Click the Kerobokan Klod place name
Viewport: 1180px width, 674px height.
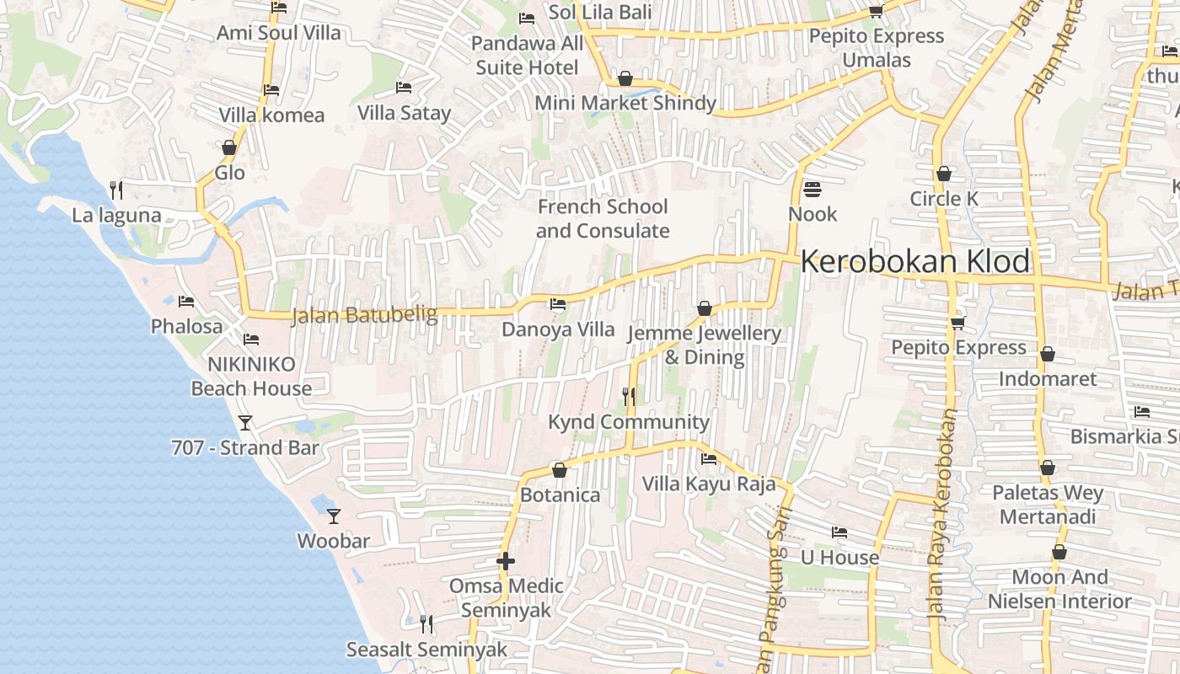(914, 262)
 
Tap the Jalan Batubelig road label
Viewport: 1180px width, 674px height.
(364, 316)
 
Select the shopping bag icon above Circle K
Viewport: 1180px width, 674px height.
(944, 174)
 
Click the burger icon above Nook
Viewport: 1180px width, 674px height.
(813, 189)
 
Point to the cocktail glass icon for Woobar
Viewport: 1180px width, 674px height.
(334, 516)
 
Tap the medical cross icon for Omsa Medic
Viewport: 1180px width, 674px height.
(506, 561)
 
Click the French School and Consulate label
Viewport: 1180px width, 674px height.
(603, 218)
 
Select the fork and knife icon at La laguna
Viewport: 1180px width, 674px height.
(116, 190)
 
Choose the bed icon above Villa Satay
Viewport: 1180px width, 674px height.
(404, 88)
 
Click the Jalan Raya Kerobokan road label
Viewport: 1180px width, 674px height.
(943, 514)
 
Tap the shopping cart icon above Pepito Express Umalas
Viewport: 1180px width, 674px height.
(876, 11)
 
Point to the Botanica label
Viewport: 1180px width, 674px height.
(560, 495)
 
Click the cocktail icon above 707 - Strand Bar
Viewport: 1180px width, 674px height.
(245, 422)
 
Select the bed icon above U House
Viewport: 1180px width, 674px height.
(839, 532)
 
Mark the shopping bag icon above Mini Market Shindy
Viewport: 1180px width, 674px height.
(625, 78)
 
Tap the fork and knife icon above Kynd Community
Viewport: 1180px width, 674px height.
(628, 396)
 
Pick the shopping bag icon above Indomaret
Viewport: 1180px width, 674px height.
(1048, 354)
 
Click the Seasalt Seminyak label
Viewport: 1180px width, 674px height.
(427, 650)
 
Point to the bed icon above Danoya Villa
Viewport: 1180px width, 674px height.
(557, 304)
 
